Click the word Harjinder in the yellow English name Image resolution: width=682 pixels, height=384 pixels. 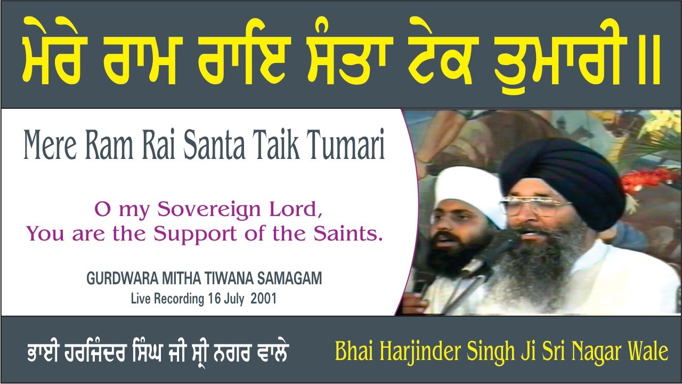coord(420,352)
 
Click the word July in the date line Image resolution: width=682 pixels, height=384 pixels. coord(232,299)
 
